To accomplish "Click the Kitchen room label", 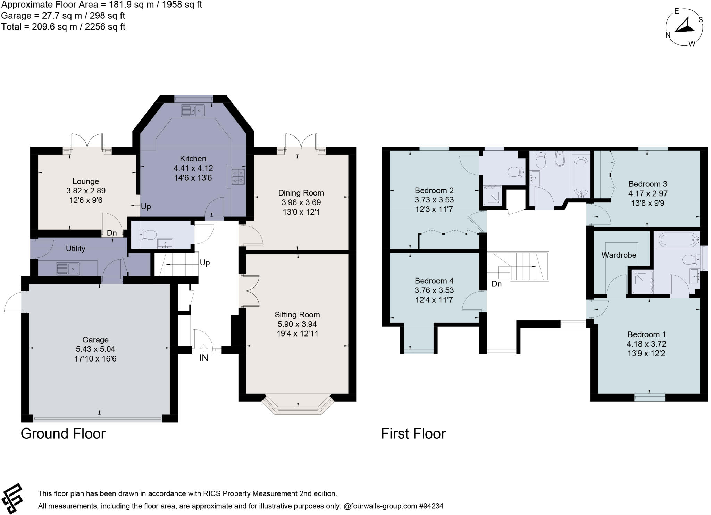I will pyautogui.click(x=193, y=159).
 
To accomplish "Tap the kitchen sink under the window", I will pyautogui.click(x=193, y=111).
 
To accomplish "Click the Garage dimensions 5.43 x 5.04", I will pyautogui.click(x=95, y=349).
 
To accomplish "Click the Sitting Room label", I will pyautogui.click(x=297, y=315).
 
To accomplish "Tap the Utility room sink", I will pyautogui.click(x=68, y=268).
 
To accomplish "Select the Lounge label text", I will pyautogui.click(x=86, y=181).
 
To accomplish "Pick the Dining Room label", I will pyautogui.click(x=301, y=193).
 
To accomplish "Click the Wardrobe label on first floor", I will pyautogui.click(x=619, y=255).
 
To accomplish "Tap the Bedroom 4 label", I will pyautogui.click(x=434, y=281).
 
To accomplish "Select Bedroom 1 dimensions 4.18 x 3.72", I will pyautogui.click(x=646, y=344).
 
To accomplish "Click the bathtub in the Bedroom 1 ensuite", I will pyautogui.click(x=677, y=239).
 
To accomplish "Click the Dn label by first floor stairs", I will pyautogui.click(x=496, y=284).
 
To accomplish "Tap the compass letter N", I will pyautogui.click(x=668, y=35).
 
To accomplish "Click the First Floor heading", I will pyautogui.click(x=413, y=434).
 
